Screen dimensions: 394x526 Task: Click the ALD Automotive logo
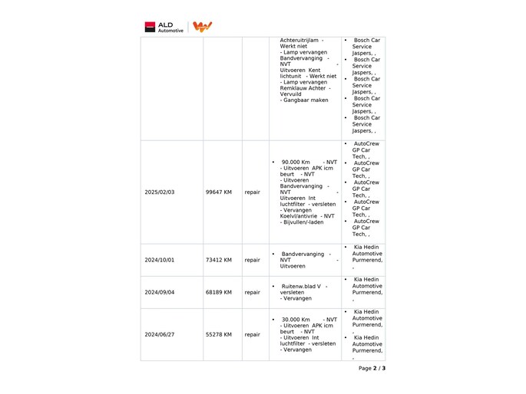pos(164,27)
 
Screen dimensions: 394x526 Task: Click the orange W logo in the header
pos(202,27)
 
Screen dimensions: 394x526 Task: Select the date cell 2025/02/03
pos(160,192)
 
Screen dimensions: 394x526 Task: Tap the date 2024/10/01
pos(160,260)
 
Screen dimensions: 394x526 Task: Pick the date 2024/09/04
pos(160,292)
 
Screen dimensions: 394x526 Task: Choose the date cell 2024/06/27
pos(160,334)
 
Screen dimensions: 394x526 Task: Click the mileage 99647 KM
pos(219,192)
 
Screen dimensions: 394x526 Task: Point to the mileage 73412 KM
pos(219,260)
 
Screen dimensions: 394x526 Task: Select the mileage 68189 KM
pos(219,292)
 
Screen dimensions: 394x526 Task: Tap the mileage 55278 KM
pos(219,334)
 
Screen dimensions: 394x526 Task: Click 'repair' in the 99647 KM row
pos(252,192)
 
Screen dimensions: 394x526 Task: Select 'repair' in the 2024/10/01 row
pos(252,260)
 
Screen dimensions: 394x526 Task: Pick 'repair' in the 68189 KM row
pos(252,292)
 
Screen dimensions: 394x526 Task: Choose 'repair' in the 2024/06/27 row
pos(252,334)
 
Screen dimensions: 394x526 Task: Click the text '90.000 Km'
pos(296,163)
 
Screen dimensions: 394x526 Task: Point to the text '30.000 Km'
pos(296,320)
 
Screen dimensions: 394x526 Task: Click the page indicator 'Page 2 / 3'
pos(372,369)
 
